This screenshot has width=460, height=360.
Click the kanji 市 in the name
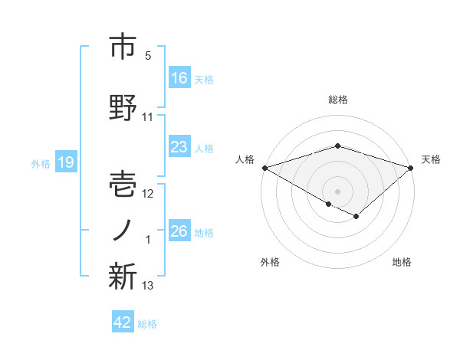(x=122, y=48)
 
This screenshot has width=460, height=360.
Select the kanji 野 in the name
(x=122, y=109)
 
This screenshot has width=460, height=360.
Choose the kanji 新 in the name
(x=122, y=277)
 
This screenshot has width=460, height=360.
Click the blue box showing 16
(x=179, y=78)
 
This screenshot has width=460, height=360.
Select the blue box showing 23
(x=179, y=147)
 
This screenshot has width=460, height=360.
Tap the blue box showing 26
(x=179, y=231)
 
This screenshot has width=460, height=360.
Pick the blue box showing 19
(x=65, y=162)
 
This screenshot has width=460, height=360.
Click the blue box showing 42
(x=123, y=322)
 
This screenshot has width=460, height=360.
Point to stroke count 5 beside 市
(x=147, y=56)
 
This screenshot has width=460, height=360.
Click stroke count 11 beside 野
(x=147, y=117)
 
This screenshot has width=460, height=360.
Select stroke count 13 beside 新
(x=147, y=286)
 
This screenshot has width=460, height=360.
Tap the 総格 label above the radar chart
(x=338, y=100)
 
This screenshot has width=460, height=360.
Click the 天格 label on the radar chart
(x=432, y=159)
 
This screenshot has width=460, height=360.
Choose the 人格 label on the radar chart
(x=245, y=159)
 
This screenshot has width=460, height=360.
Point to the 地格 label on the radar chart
(x=402, y=263)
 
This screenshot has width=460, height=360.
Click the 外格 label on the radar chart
(x=270, y=263)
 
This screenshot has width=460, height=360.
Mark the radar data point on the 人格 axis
(x=264, y=167)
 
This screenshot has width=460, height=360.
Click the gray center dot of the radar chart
(x=337, y=191)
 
